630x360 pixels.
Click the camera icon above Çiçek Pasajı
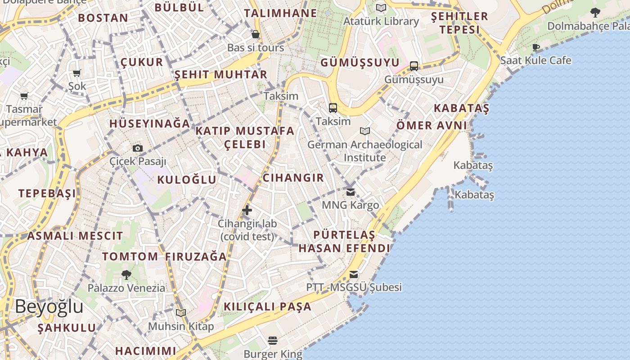point(138,148)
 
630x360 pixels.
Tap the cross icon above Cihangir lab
point(247,210)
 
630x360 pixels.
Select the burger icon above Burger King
point(273,340)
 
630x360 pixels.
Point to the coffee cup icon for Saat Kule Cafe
point(536,47)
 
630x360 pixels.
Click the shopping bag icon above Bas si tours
point(256,34)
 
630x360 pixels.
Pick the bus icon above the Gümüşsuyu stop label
point(414,66)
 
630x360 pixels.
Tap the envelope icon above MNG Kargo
point(351,192)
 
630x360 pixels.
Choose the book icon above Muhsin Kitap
point(181,313)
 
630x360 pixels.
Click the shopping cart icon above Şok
point(77,73)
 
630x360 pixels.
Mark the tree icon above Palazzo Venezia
point(126,274)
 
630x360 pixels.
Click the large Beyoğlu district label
point(49,306)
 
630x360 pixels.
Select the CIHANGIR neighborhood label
point(293,178)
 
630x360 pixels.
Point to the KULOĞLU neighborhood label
point(187,180)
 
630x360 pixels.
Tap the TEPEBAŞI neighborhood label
point(47,193)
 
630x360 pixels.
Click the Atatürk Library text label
point(381,21)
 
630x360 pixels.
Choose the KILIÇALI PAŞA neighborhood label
point(268,307)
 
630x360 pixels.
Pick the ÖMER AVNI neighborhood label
point(432,126)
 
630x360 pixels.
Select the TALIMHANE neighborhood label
point(281,13)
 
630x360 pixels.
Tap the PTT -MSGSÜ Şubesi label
point(354,287)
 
